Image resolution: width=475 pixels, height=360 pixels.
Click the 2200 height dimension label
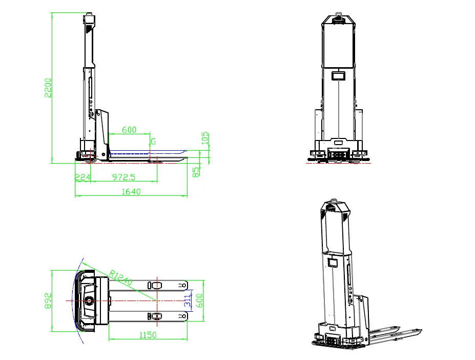[x=48, y=88]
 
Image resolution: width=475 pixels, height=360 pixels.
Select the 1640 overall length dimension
[x=131, y=192]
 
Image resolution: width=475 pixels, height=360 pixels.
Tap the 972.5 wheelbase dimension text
[x=123, y=177]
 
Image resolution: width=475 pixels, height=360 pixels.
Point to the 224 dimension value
[x=82, y=177]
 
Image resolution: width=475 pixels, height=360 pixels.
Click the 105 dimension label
[x=205, y=138]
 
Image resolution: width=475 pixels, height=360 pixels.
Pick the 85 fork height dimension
[x=196, y=172]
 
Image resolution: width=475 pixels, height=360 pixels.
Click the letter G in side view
[x=153, y=142]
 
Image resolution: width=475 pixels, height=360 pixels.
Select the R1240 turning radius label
[x=120, y=277]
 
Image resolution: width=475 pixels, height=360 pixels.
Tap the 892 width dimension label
[x=48, y=301]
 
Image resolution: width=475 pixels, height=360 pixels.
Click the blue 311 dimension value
[x=188, y=301]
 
